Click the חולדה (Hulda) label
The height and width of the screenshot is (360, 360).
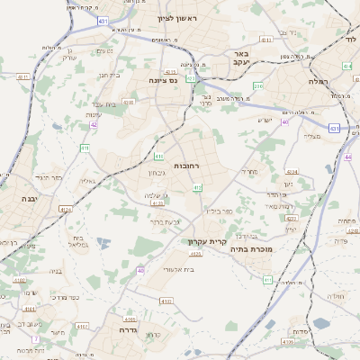click(x=337, y=295)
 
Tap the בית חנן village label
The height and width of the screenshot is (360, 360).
click(x=107, y=75)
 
